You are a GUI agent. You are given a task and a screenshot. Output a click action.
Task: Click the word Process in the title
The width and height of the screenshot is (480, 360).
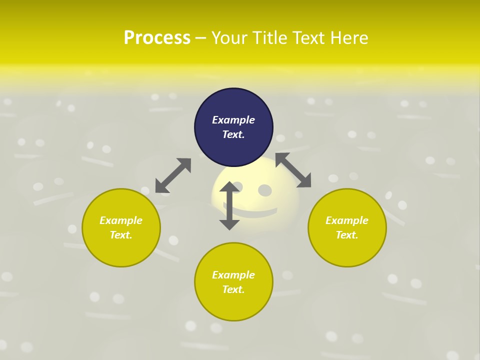point(157,37)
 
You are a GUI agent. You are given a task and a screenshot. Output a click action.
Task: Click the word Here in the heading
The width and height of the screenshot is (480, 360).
point(349,37)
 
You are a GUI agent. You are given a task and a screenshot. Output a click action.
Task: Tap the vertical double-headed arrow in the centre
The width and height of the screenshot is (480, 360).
point(229,205)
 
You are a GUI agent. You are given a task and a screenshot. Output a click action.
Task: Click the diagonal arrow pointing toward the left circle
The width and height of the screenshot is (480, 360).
point(173,175)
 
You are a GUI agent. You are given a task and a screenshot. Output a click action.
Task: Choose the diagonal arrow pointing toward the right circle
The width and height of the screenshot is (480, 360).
point(293,170)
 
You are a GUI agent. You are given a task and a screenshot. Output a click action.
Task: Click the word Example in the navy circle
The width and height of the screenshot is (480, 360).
point(233,120)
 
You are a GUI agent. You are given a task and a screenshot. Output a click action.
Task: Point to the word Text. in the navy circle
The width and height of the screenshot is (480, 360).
point(233,134)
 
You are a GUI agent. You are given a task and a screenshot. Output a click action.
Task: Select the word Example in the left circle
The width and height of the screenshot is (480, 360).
point(121,220)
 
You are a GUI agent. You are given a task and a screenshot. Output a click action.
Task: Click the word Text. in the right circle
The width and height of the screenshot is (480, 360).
point(347,235)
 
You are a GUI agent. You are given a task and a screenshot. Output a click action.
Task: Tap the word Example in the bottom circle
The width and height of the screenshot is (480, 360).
point(233,275)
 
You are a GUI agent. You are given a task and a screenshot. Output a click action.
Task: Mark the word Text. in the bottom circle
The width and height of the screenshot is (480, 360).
point(233,289)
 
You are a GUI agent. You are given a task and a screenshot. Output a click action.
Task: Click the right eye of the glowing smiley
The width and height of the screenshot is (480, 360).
point(265,190)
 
